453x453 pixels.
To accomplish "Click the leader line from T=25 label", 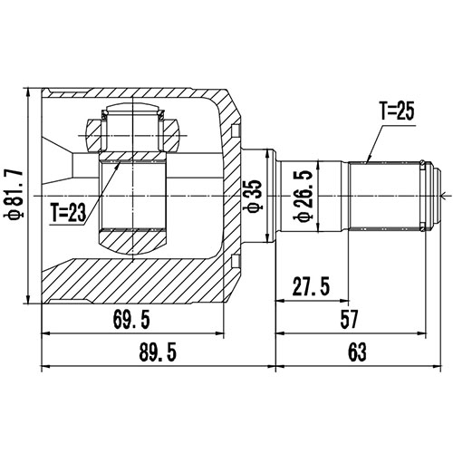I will pos(373,141).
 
